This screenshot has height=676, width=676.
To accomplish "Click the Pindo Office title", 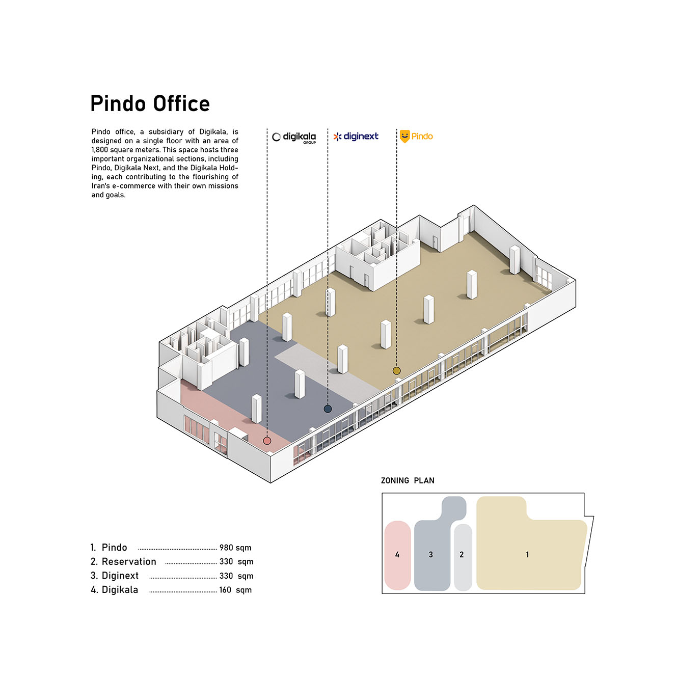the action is click(x=150, y=103).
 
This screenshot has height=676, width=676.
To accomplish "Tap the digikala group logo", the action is click(x=294, y=138).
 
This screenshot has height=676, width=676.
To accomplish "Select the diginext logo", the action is click(x=356, y=136).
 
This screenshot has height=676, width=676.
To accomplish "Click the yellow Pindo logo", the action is click(x=416, y=136).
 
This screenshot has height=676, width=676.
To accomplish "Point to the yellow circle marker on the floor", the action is click(x=396, y=370).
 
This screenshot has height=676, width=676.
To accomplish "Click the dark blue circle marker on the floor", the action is click(x=328, y=409).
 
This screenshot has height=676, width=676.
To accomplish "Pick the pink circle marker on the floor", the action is click(x=267, y=441).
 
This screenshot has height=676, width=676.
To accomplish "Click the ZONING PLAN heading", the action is click(x=408, y=480).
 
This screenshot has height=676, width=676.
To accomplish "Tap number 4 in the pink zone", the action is click(x=397, y=555).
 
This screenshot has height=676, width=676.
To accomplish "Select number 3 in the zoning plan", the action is click(x=431, y=555).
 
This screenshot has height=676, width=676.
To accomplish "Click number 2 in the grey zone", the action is click(x=462, y=555).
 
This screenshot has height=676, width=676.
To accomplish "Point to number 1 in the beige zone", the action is click(x=527, y=555).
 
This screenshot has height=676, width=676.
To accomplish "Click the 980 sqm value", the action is click(x=235, y=548).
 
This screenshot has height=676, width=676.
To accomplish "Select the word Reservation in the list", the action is click(x=129, y=562).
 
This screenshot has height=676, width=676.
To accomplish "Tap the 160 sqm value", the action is click(x=235, y=590).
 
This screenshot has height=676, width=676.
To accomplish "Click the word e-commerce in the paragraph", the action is click(x=133, y=186).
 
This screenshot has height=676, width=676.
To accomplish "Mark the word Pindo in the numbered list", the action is click(x=114, y=548).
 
